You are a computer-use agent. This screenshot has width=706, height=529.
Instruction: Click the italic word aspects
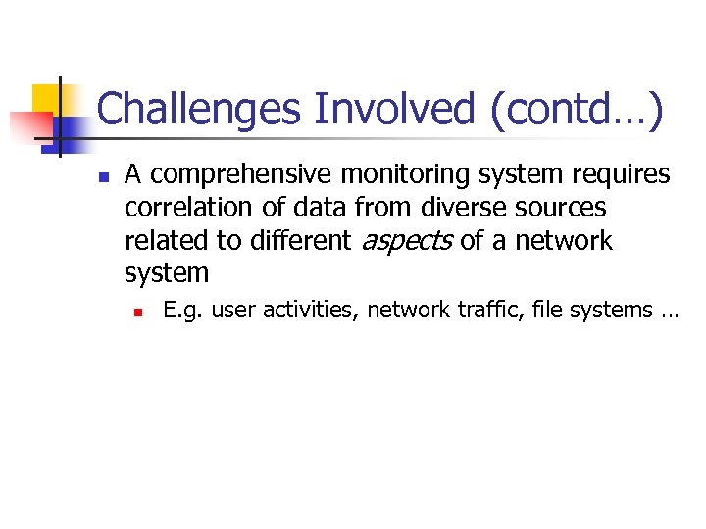click(x=407, y=241)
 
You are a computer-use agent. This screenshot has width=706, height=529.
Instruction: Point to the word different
click(x=301, y=241)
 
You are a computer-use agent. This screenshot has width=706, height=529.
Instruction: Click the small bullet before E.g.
click(x=140, y=312)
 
